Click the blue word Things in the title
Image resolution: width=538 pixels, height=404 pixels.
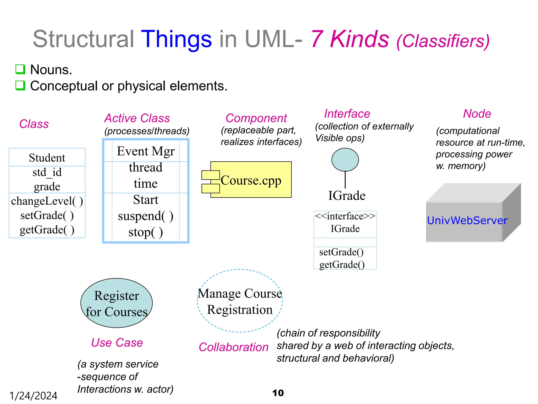(x=176, y=39)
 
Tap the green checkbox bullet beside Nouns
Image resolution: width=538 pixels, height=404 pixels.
(x=20, y=69)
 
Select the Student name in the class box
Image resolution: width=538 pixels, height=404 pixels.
(x=47, y=158)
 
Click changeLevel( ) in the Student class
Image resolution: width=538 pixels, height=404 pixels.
(x=47, y=201)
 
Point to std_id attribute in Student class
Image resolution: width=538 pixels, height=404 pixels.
(x=47, y=173)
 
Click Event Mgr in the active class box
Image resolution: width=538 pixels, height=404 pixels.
(x=146, y=151)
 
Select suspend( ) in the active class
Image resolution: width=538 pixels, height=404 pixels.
(x=146, y=216)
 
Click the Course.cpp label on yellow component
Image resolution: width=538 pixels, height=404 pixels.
(x=251, y=180)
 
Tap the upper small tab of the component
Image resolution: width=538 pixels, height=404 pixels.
(x=210, y=175)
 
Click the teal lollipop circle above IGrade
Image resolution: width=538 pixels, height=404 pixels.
(x=345, y=160)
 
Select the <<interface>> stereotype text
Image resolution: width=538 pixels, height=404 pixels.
(x=345, y=216)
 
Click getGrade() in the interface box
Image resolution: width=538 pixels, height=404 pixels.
(x=342, y=265)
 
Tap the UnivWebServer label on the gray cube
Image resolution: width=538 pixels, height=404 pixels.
(x=467, y=220)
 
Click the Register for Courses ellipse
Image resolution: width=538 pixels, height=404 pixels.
(x=117, y=303)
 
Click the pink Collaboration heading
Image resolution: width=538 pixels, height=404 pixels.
(x=234, y=347)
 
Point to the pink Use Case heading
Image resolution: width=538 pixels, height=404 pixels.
(x=117, y=343)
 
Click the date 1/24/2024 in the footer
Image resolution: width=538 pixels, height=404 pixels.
(x=33, y=396)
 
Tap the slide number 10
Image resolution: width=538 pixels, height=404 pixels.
(x=278, y=393)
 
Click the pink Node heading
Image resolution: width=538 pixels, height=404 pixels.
(x=477, y=114)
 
